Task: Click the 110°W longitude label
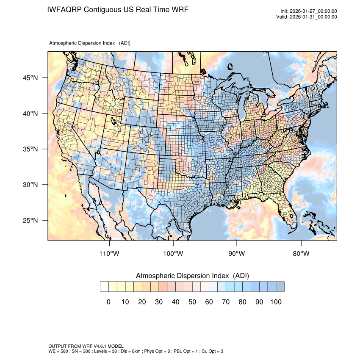[x=110, y=254]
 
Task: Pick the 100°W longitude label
[x=173, y=254]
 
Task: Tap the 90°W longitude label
[x=237, y=254]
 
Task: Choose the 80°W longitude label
[x=301, y=254]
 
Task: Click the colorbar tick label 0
[x=108, y=302]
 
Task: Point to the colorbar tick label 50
[x=192, y=302]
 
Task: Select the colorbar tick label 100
[x=275, y=302]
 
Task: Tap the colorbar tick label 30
[x=158, y=302]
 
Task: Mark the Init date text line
[x=309, y=11]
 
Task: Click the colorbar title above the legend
[x=192, y=276]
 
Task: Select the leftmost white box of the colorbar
[x=104, y=287]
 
